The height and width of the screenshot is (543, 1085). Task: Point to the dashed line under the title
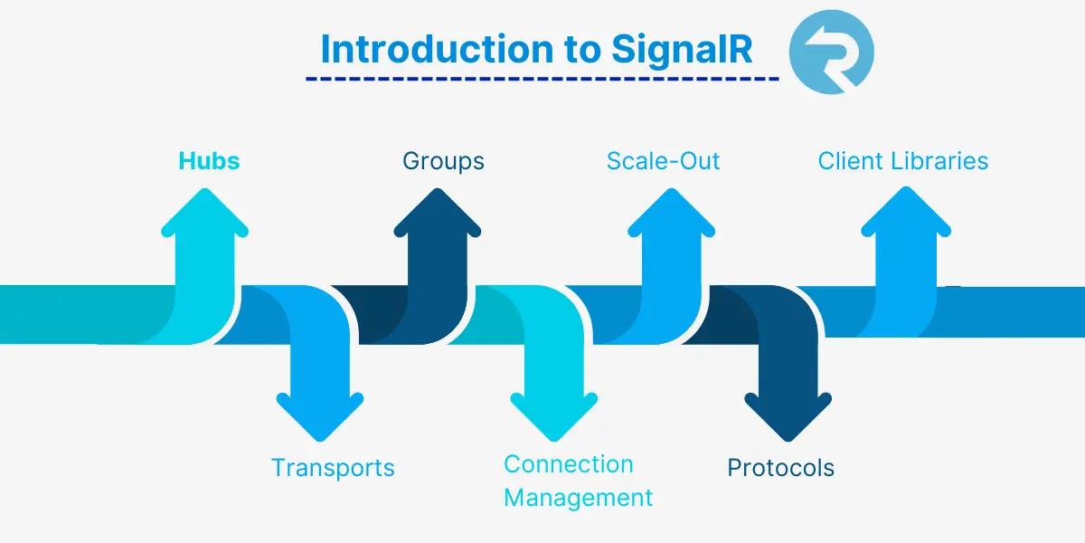click(542, 79)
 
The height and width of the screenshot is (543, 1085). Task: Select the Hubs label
click(209, 161)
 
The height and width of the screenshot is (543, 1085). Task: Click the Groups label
click(443, 161)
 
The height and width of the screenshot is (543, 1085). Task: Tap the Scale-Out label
click(663, 161)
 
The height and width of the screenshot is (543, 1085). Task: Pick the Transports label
click(333, 468)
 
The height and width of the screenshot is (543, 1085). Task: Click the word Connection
click(568, 464)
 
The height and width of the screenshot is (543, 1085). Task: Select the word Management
click(578, 498)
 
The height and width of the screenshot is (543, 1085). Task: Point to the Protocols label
click(780, 468)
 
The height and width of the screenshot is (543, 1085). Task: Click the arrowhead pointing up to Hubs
click(205, 217)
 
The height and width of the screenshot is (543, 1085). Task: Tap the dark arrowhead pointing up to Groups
click(438, 217)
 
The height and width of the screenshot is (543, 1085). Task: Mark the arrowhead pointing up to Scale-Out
click(671, 217)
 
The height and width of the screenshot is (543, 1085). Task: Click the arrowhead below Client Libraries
click(904, 217)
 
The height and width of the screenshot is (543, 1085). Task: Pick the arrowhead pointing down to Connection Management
click(553, 412)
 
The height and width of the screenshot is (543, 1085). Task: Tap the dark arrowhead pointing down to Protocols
click(787, 412)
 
